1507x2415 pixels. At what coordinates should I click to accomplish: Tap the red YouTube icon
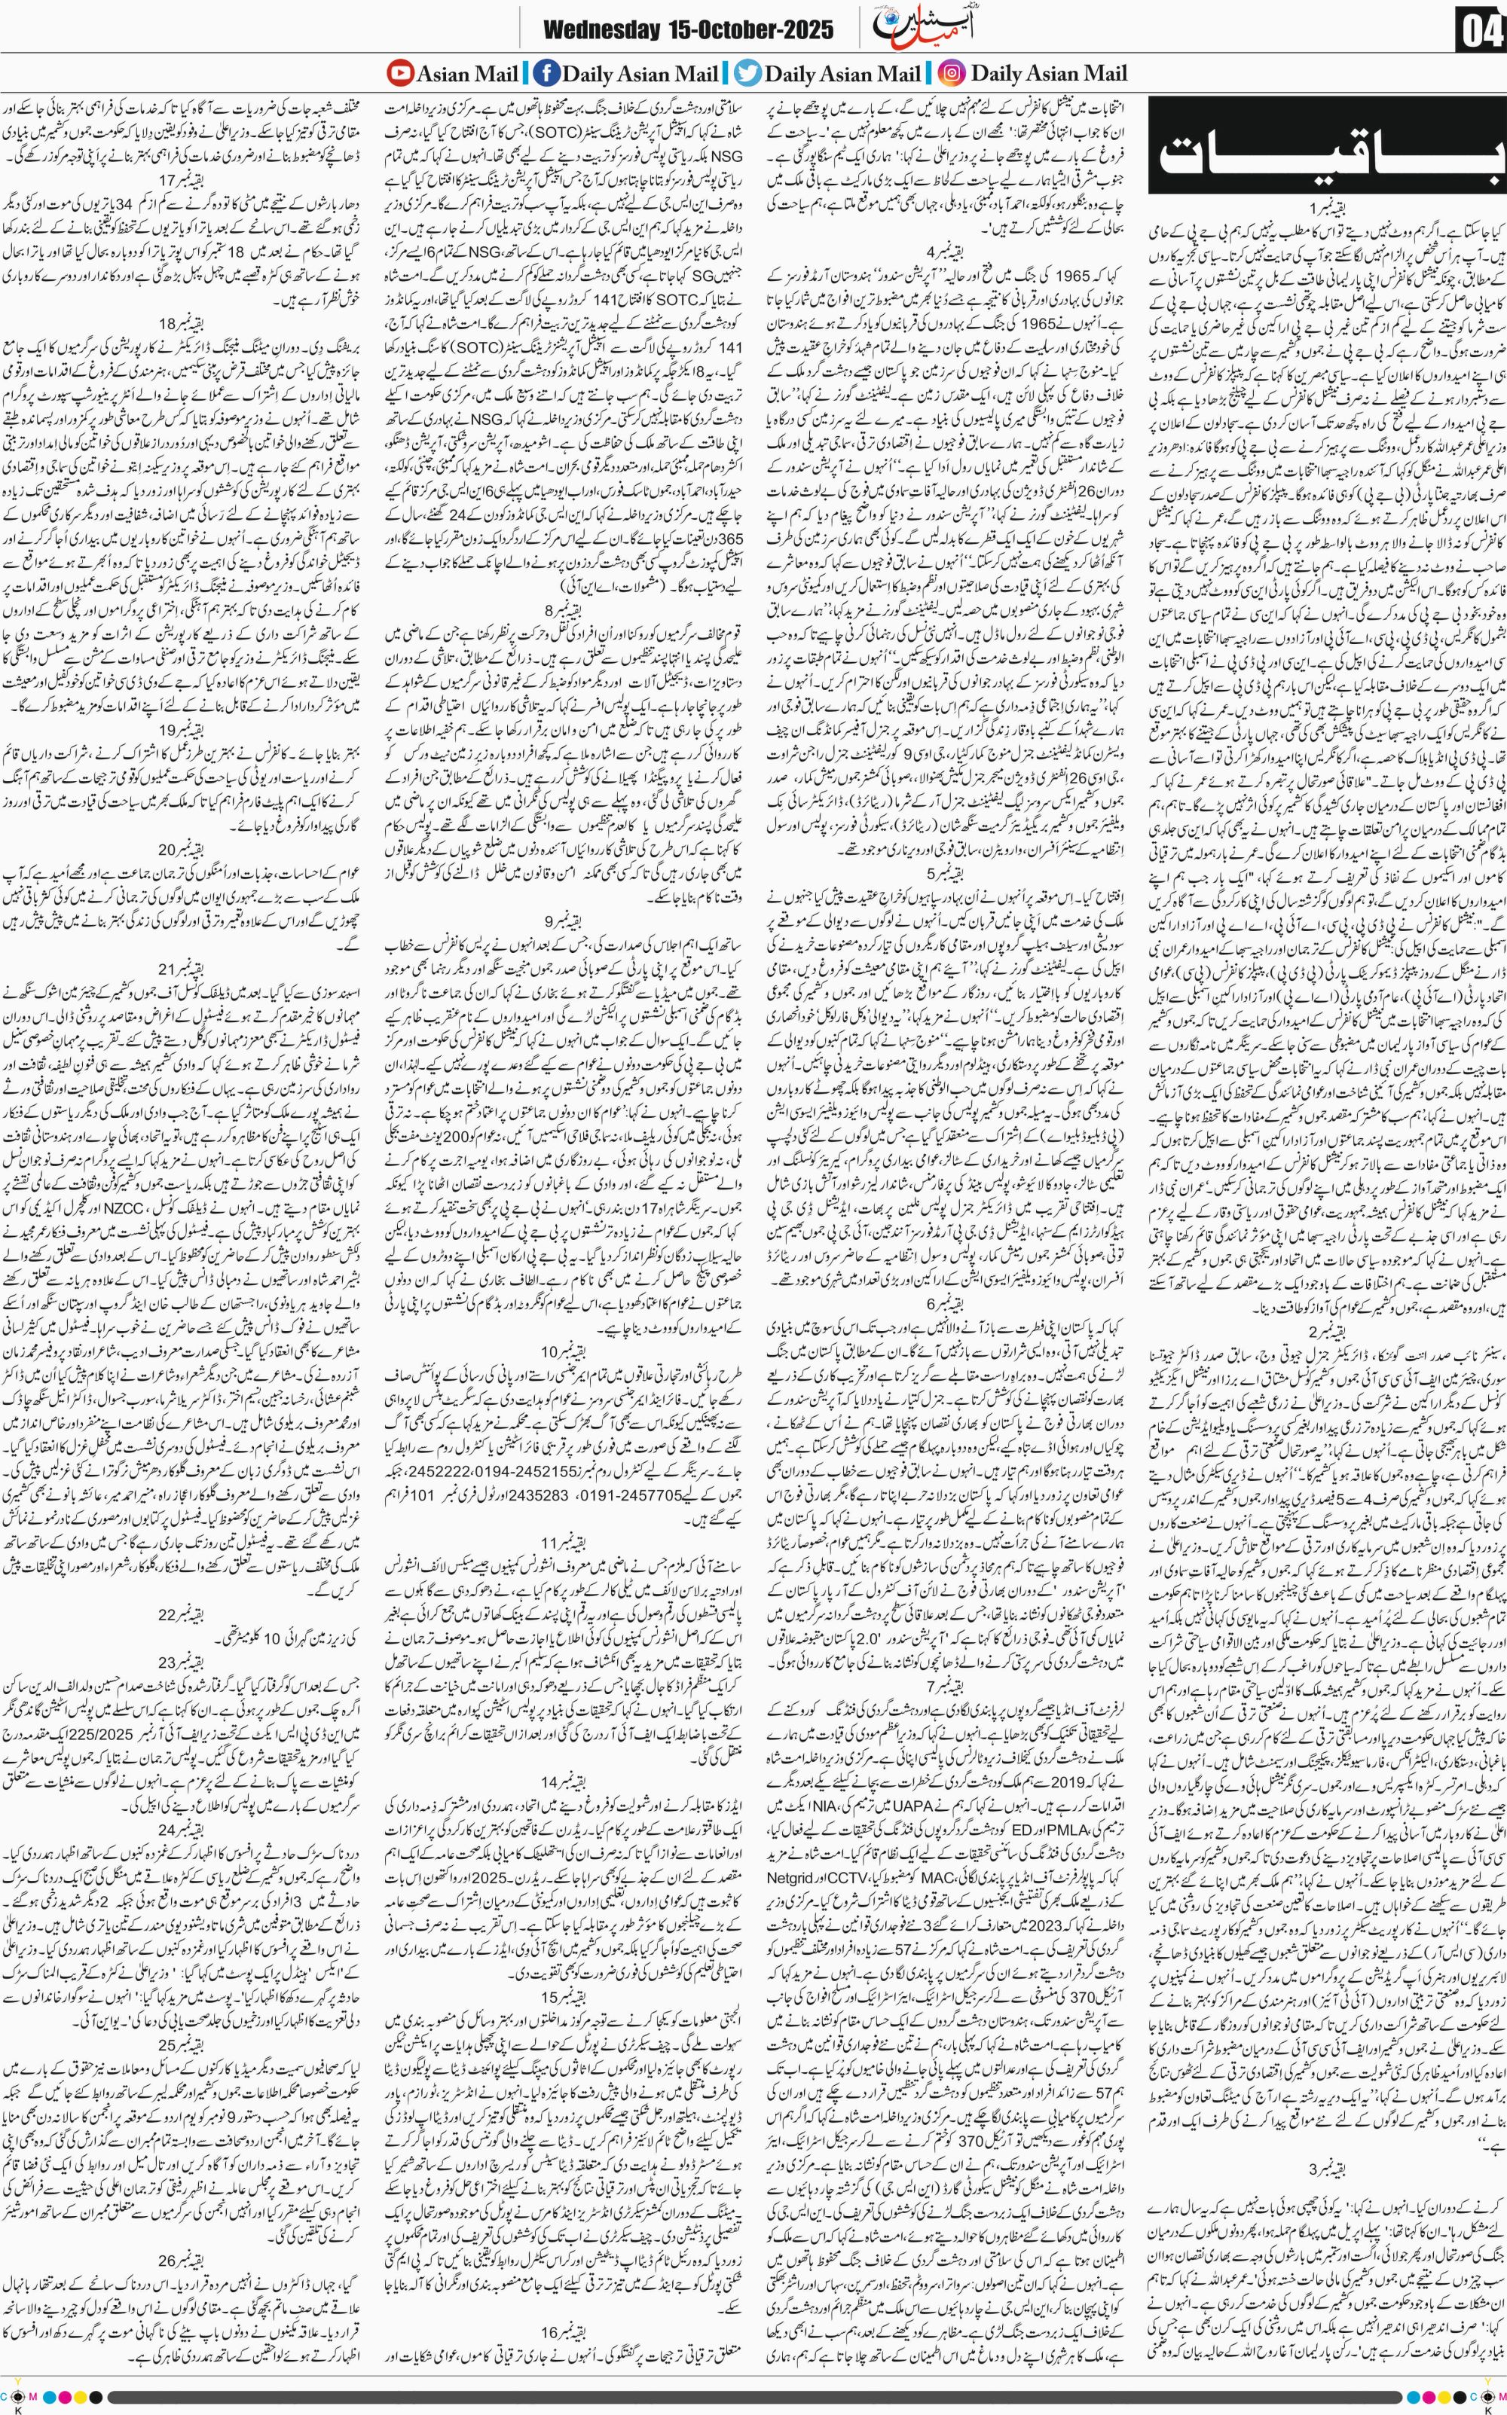399,73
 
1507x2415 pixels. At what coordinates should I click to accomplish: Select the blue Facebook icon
546,73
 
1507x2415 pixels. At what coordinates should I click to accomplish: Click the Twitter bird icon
747,73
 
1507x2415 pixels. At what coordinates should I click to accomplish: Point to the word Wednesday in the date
596,30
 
